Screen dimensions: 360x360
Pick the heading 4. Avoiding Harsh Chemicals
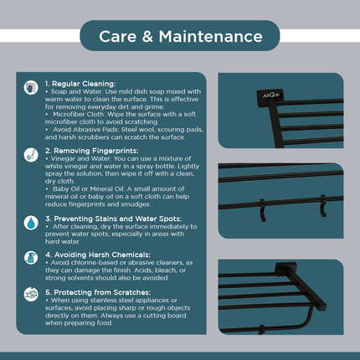pos(97,252)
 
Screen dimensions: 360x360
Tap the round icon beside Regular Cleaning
pos(31,87)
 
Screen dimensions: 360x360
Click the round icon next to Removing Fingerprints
pos(31,155)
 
